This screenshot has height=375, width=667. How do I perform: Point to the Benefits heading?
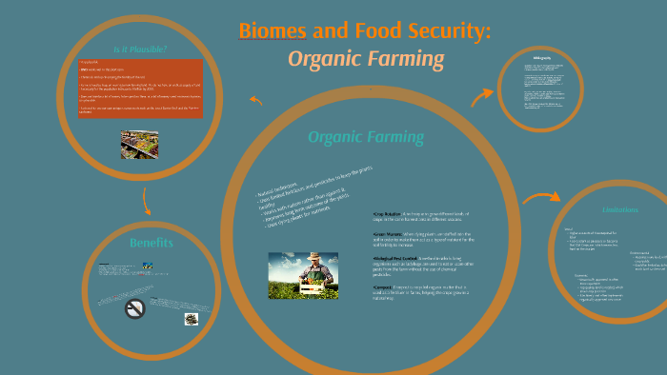coord(152,243)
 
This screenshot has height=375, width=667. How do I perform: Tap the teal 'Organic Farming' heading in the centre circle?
coord(366,137)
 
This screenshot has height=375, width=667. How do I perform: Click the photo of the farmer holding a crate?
coord(303,275)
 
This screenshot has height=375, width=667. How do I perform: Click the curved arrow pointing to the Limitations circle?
coord(540,199)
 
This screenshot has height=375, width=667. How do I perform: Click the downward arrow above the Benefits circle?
coord(146,201)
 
